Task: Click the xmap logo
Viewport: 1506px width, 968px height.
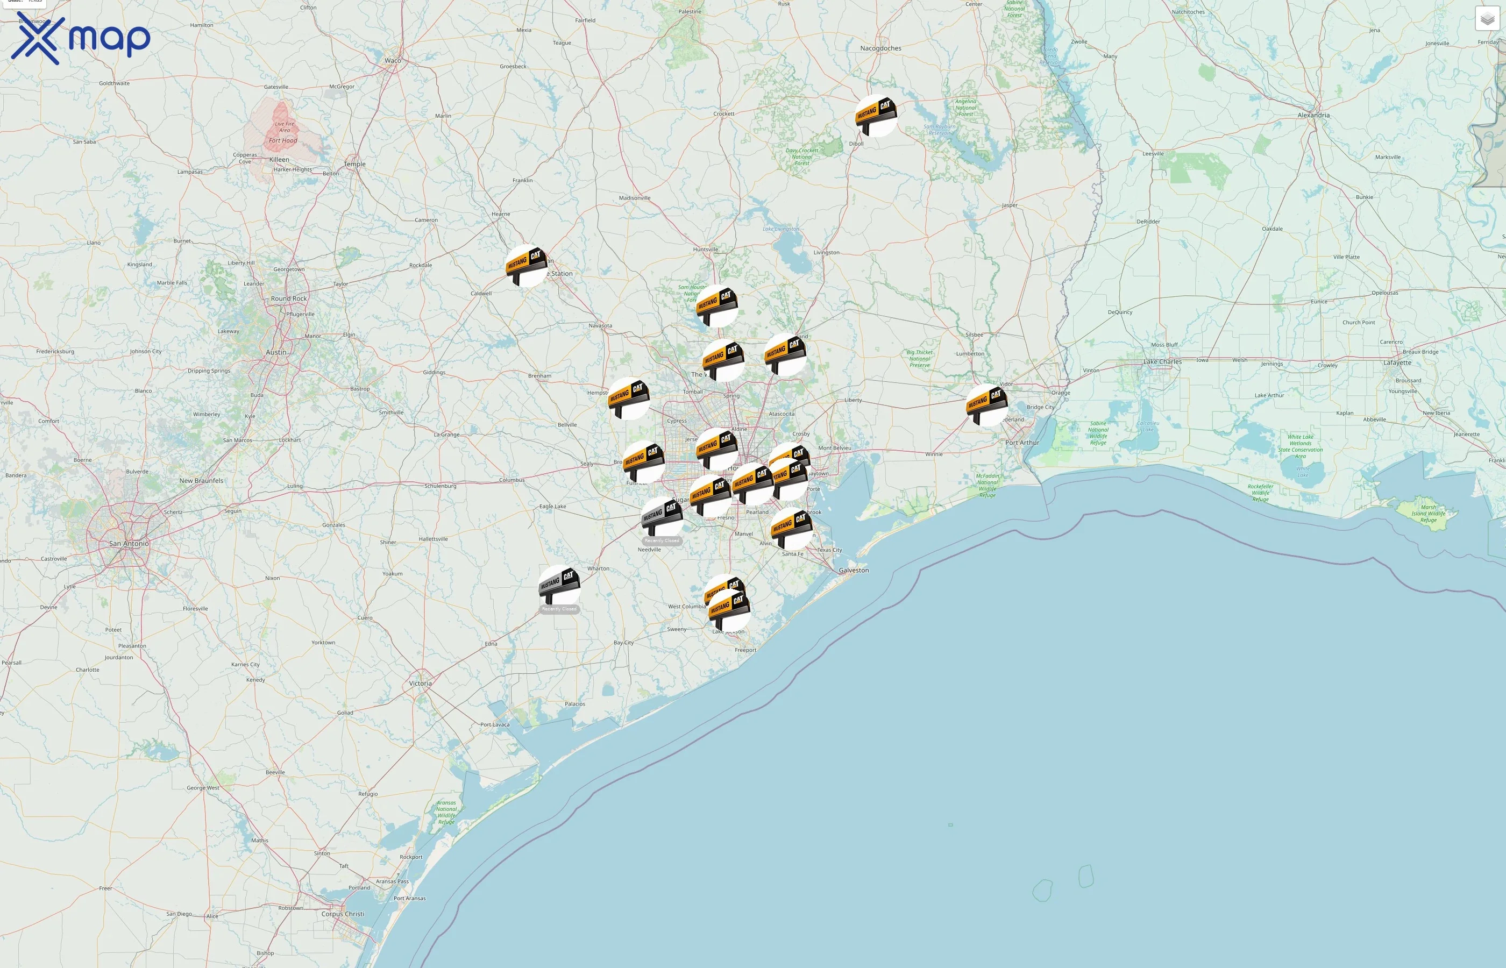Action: tap(81, 39)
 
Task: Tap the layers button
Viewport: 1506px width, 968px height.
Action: tap(1487, 19)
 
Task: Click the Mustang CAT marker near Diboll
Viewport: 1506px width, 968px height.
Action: tap(876, 116)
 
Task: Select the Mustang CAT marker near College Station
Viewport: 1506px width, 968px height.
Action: tap(526, 265)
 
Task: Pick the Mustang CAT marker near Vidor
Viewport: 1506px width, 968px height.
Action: tap(986, 404)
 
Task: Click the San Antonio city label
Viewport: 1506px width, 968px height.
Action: tap(129, 544)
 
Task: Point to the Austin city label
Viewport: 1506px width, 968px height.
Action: tap(276, 352)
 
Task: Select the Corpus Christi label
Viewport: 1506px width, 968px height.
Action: tap(343, 914)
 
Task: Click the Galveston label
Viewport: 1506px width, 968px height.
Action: tap(854, 570)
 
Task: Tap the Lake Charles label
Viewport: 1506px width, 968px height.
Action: tap(1162, 362)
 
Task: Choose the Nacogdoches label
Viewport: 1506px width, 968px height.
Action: tap(880, 48)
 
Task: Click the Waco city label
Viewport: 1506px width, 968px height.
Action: tap(393, 61)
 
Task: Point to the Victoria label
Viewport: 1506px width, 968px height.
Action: tap(421, 684)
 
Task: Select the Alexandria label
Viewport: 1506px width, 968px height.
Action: tap(1313, 115)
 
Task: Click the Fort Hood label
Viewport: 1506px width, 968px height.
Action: tap(283, 141)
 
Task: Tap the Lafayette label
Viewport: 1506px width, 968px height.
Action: tap(1397, 362)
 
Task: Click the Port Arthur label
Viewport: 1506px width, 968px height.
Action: tap(1022, 443)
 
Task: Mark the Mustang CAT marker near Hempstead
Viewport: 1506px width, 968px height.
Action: tap(629, 398)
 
